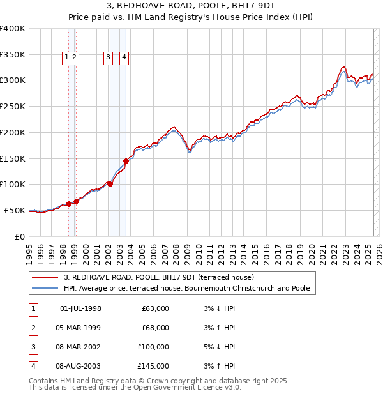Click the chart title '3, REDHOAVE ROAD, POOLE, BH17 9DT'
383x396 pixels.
[191, 7]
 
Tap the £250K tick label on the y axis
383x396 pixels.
[13, 106]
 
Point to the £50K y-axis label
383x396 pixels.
[15, 210]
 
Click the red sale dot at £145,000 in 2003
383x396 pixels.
[126, 161]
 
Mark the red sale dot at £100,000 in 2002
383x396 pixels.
[110, 184]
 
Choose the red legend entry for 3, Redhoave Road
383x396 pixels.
[159, 277]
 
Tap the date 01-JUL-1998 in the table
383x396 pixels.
[80, 308]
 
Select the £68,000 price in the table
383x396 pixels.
[155, 328]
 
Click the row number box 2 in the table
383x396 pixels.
[32, 328]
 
